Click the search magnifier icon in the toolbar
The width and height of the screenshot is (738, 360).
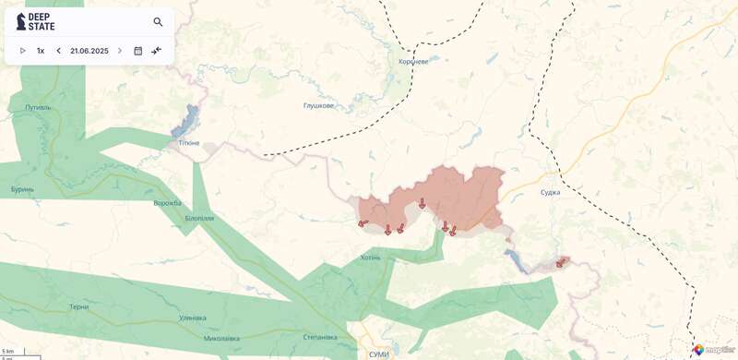pos(158,22)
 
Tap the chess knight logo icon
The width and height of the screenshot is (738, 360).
pos(21,21)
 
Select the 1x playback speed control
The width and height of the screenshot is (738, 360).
pos(41,51)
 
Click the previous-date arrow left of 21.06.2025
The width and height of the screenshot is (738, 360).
pos(58,51)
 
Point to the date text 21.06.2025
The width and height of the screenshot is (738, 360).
pos(89,51)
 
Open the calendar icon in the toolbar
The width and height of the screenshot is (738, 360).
pos(137,51)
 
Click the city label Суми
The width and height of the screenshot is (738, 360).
pos(378,354)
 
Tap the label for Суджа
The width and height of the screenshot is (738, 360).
pos(550,192)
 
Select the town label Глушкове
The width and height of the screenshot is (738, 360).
pos(318,105)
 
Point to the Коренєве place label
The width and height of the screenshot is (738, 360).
pos(413,62)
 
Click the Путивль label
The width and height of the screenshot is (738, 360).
pos(39,107)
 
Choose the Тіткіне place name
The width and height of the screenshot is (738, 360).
pos(188,142)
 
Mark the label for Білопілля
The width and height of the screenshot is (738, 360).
pos(199,219)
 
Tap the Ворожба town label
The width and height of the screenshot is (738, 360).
pos(168,203)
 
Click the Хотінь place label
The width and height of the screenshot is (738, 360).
pos(370,257)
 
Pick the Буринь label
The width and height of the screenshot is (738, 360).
pos(23,189)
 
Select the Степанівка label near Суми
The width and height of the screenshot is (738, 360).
pos(320,337)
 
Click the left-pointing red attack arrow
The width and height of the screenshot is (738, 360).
pos(363,222)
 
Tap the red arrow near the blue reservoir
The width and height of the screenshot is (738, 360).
pos(560,263)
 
